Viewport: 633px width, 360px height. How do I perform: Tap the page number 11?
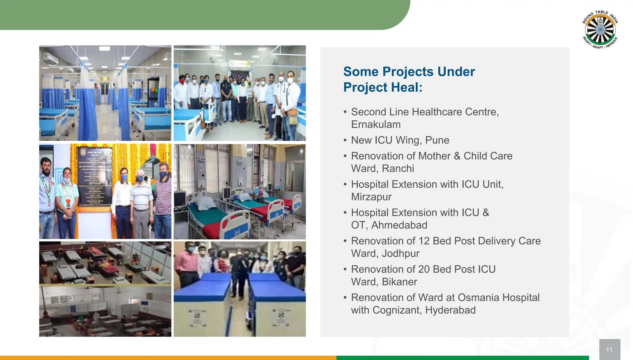point(609,350)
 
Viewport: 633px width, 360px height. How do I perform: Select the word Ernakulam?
point(376,125)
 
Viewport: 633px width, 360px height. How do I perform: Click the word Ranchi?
point(398,169)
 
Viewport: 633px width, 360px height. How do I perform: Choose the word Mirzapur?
point(371,197)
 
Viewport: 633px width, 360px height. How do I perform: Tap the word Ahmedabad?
point(399,225)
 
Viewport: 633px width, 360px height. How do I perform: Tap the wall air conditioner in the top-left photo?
point(50,58)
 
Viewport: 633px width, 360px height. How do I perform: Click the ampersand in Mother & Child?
point(457,156)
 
